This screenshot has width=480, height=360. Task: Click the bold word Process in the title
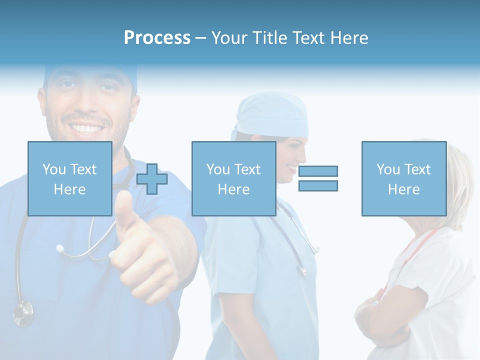click(x=157, y=37)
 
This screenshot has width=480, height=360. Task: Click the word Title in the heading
click(x=269, y=37)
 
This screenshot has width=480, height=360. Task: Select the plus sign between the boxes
click(x=152, y=178)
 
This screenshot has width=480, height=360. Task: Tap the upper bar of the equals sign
click(x=318, y=171)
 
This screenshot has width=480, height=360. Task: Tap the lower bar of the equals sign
click(x=318, y=185)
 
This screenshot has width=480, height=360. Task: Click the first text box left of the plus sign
click(x=70, y=178)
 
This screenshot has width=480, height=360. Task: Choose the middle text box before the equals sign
click(x=233, y=178)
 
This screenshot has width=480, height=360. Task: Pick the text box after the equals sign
click(x=403, y=178)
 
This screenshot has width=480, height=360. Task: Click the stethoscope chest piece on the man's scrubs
click(x=22, y=312)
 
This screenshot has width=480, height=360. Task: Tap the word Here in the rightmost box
click(x=403, y=189)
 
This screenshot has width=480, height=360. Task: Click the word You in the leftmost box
click(x=53, y=169)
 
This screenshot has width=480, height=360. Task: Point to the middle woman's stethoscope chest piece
click(x=302, y=270)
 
